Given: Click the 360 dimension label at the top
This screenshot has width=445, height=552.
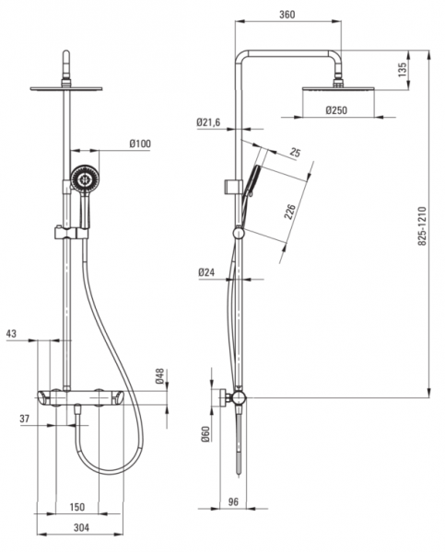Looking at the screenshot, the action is [x=287, y=15].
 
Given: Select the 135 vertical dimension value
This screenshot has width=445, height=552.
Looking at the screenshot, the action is [x=403, y=70].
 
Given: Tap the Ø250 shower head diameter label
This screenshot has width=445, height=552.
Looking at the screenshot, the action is [x=336, y=110].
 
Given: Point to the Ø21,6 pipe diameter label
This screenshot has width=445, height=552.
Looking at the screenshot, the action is [x=208, y=122].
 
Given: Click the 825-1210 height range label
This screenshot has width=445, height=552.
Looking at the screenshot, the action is [x=422, y=226].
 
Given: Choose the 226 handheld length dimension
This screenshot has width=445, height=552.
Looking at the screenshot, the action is [x=290, y=212].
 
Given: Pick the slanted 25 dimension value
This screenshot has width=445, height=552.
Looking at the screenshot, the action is [x=295, y=153].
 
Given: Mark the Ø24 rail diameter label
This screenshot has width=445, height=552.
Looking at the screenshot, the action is [x=206, y=272].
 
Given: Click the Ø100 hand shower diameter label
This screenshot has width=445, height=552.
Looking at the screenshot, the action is [x=140, y=144].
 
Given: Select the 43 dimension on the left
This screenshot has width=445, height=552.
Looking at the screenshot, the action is [x=11, y=334].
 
